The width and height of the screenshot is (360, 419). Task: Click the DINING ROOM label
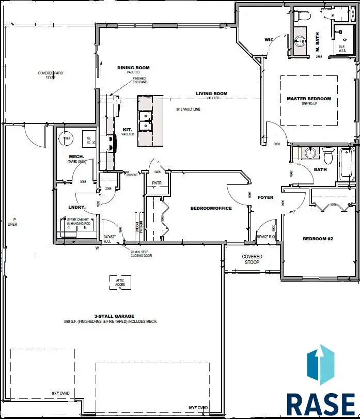tap(133, 68)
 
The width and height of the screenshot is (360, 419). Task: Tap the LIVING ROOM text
tap(211, 94)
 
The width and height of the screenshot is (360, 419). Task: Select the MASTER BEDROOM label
tap(309, 99)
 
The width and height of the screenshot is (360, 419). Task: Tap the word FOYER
tap(265, 197)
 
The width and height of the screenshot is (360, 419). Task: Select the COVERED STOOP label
tap(252, 259)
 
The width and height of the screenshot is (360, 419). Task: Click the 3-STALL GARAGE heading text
tap(114, 316)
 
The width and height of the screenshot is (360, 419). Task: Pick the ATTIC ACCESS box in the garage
tap(119, 283)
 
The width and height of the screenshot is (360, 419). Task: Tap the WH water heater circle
tap(66, 138)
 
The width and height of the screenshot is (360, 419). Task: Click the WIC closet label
tap(268, 39)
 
